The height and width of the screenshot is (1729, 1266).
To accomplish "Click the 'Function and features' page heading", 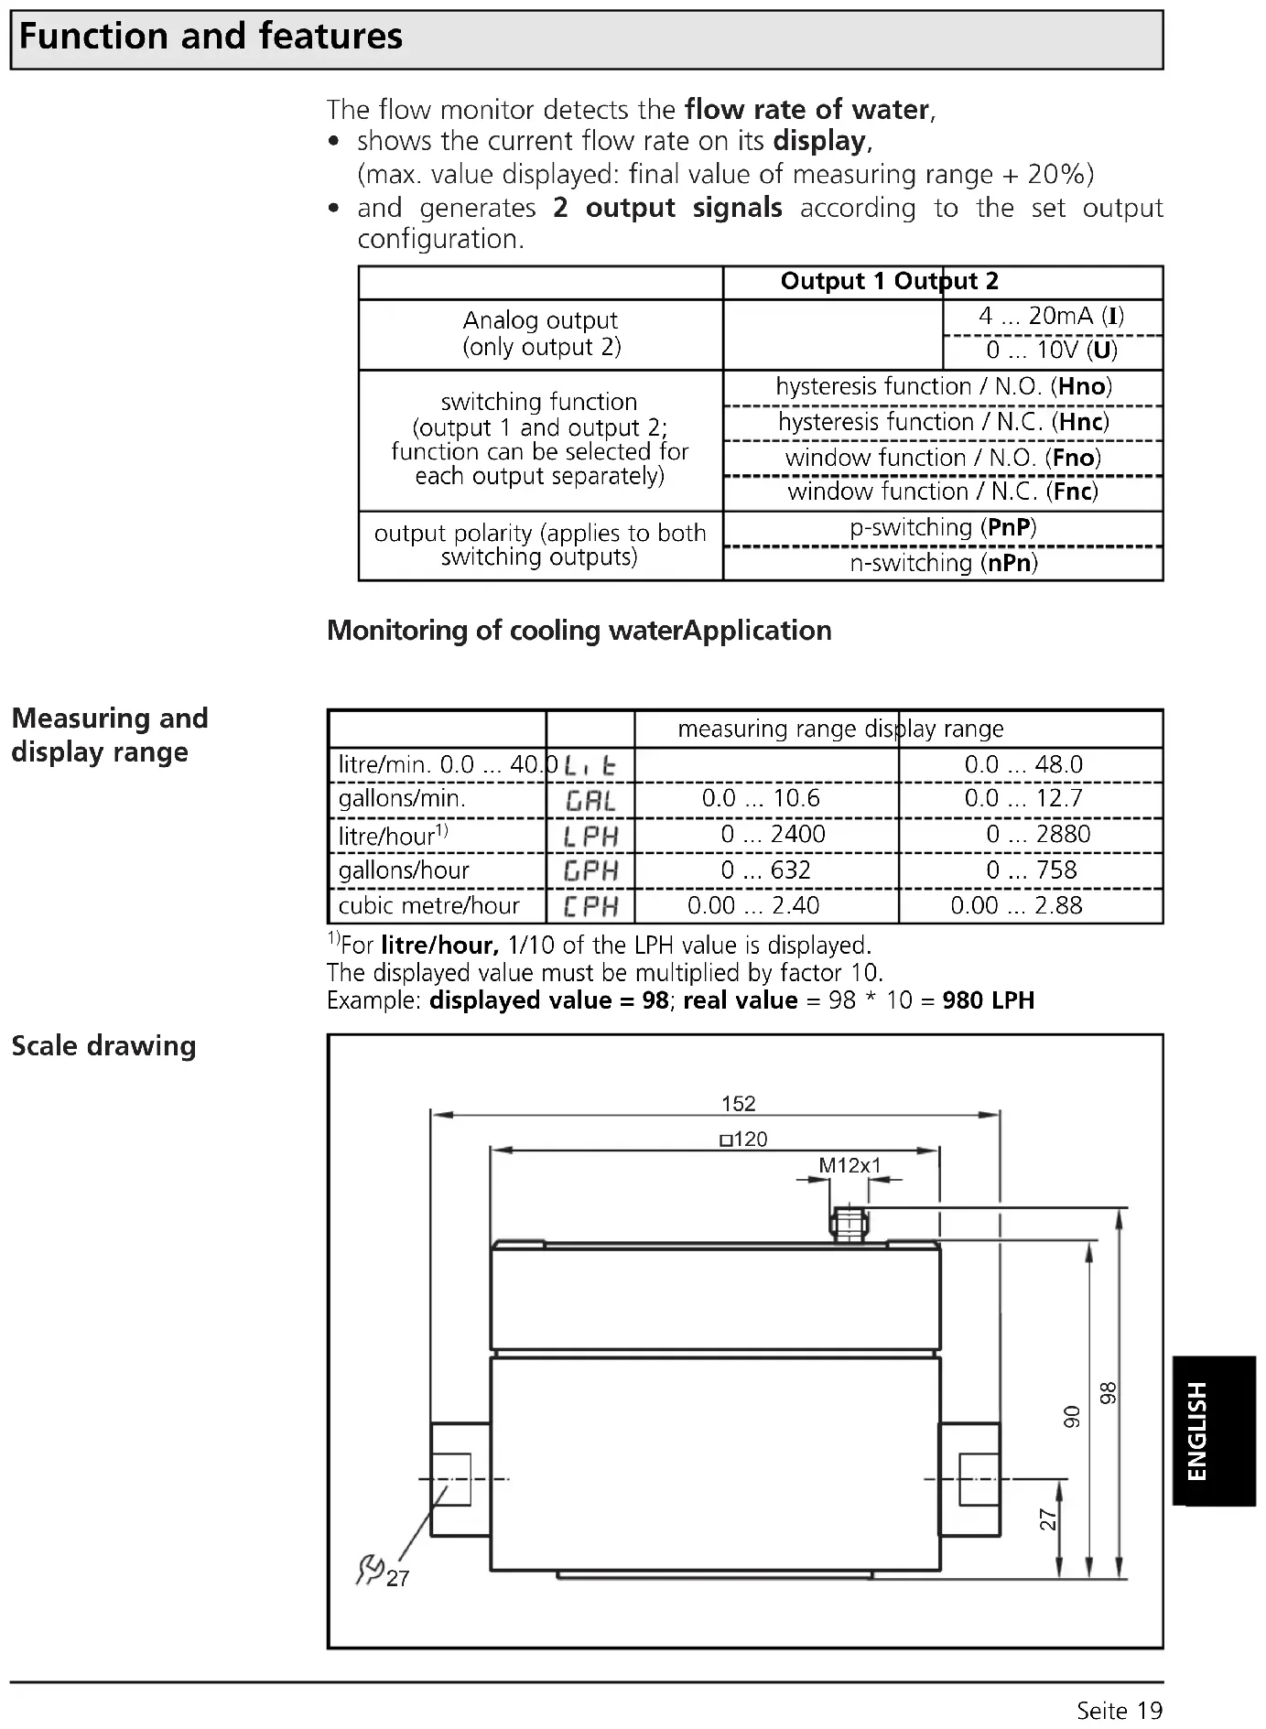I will click(211, 38).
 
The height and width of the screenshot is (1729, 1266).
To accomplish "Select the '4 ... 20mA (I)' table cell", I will click(1051, 317).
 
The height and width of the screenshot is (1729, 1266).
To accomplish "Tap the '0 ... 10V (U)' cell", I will click(1051, 351).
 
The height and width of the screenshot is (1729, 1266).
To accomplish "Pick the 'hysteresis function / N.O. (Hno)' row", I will click(943, 387).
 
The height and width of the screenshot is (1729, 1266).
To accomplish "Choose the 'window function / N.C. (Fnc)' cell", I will click(943, 492).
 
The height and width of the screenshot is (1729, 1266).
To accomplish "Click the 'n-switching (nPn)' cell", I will click(943, 563).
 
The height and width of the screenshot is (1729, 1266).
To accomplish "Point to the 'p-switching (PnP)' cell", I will click(943, 528).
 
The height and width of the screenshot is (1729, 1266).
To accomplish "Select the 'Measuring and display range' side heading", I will click(110, 735).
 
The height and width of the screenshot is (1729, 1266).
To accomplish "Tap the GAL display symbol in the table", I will click(590, 801).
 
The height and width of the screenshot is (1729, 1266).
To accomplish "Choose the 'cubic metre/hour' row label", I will click(428, 906).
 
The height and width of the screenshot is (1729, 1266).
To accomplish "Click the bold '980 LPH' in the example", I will click(989, 1000).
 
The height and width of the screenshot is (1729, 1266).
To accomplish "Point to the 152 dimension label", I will click(738, 1104).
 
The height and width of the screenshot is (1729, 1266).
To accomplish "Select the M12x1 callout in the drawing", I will click(849, 1166).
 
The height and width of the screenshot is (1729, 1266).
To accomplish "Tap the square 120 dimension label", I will click(743, 1140).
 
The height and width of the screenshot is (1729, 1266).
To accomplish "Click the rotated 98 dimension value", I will click(1109, 1393).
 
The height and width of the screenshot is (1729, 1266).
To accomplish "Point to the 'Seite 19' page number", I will click(1119, 1710).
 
